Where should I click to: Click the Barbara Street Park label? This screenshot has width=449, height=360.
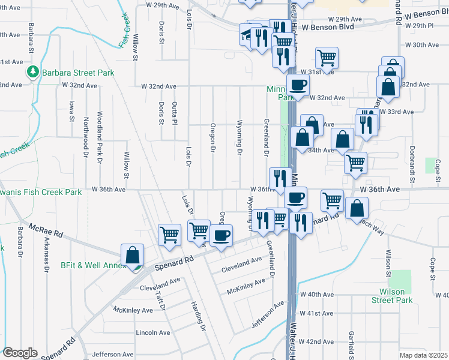pos(79,73)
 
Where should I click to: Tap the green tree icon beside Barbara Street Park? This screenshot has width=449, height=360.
pos(33,73)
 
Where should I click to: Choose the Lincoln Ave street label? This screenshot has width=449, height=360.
pos(153,332)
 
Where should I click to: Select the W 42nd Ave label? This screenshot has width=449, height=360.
pos(316,341)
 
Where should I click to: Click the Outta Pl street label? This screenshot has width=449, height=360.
pos(175,113)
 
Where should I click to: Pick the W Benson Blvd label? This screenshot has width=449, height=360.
pos(325,28)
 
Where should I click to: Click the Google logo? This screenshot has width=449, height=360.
pos(20,353)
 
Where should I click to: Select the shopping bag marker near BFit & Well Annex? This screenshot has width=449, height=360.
pos(132,256)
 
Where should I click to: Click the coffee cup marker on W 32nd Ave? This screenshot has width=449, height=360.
pos(298,86)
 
